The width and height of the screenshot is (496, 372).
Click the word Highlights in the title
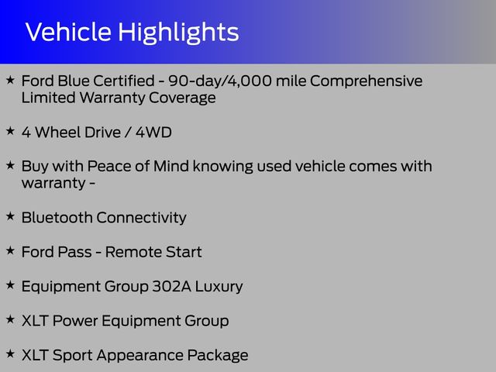pos(178,33)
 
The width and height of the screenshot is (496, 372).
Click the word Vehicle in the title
pos(68,32)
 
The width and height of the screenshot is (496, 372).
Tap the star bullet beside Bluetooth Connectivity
pos(10,216)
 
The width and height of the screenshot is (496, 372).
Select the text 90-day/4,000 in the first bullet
pos(220,81)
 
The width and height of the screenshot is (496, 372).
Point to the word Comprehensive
pos(366,81)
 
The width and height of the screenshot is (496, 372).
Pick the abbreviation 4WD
pos(153,133)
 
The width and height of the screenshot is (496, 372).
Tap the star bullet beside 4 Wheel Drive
pos(10,131)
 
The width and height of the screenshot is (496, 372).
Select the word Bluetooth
pos(57,218)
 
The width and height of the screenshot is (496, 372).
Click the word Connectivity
pos(141,218)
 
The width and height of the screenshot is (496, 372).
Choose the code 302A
pos(171,286)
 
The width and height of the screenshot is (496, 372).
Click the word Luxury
pos(219,287)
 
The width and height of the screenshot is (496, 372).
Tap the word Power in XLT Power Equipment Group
pos(75,321)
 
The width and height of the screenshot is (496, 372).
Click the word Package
pos(218,356)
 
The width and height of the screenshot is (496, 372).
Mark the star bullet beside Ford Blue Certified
pos(10,80)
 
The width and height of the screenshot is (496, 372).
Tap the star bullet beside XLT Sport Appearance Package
pos(10,353)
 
